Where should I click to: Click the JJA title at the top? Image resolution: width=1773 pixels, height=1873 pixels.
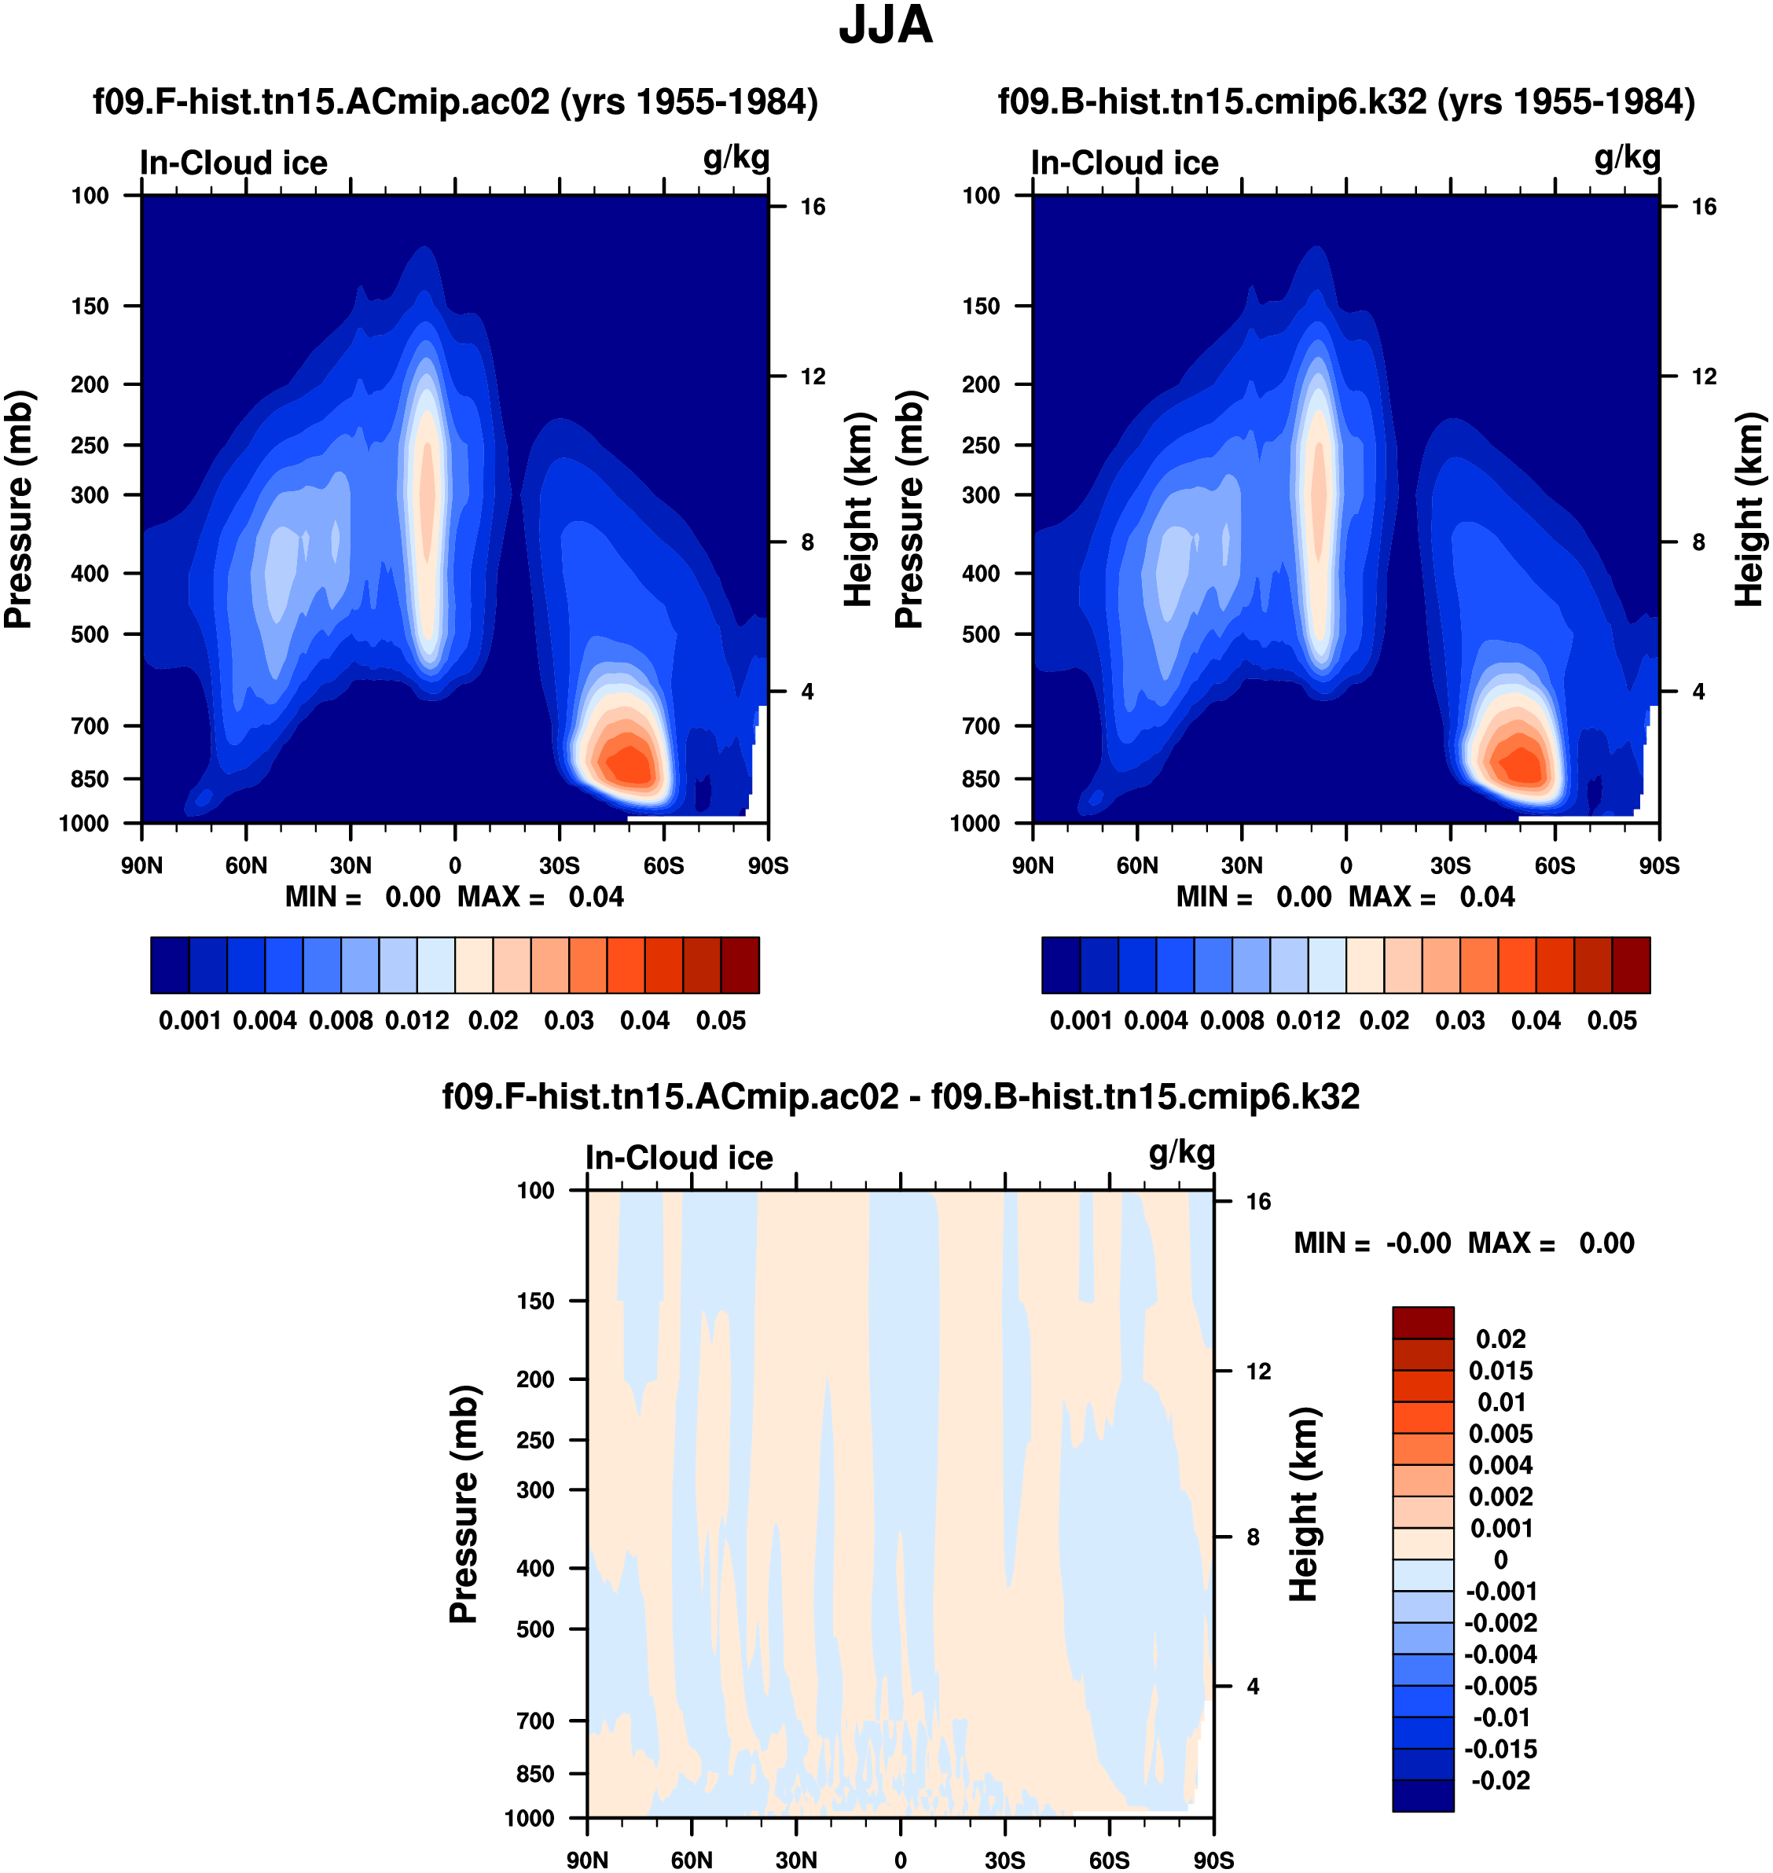(886, 27)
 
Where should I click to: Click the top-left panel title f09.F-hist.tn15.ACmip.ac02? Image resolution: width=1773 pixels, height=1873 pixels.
(454, 102)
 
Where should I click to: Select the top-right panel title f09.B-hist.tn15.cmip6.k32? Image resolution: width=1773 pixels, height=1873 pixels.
(1345, 102)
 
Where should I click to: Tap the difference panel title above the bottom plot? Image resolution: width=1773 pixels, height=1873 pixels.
(901, 1096)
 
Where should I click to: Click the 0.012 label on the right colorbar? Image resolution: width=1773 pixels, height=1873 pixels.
(1308, 1021)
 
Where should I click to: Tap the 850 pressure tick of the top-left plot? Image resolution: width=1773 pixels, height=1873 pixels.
(90, 779)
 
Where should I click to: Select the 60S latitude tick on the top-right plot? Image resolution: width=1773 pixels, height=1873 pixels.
(1555, 865)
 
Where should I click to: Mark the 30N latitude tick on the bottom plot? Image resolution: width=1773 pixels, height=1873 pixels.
(796, 1860)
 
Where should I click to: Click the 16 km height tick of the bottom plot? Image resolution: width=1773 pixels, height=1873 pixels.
(1258, 1201)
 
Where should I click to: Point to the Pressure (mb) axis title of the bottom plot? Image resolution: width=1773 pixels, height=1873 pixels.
(463, 1504)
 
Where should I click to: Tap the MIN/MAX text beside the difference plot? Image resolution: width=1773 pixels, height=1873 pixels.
(1463, 1243)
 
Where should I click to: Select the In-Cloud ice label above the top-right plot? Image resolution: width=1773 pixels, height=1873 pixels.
(1125, 163)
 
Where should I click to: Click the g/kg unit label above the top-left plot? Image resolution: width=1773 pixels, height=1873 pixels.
(736, 158)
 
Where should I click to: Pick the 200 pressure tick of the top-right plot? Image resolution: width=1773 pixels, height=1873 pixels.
(981, 384)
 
